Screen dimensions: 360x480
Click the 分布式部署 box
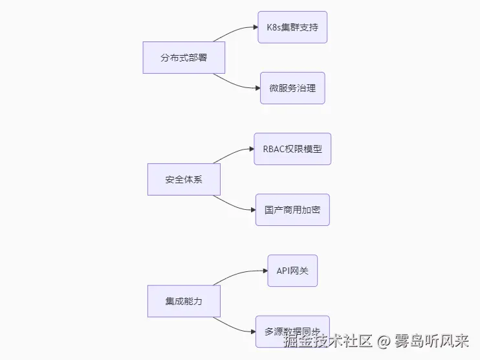184,58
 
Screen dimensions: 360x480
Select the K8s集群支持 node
292,27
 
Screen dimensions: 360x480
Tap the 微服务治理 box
292,88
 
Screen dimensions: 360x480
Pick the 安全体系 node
184,179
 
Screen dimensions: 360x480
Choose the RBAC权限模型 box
292,149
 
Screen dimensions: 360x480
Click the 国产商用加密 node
292,210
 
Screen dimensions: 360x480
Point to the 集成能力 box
184,301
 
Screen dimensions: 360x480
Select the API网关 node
292,271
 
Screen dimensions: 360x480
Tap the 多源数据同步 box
292,331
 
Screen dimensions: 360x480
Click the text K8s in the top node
274,27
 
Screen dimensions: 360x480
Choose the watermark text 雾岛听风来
431,341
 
